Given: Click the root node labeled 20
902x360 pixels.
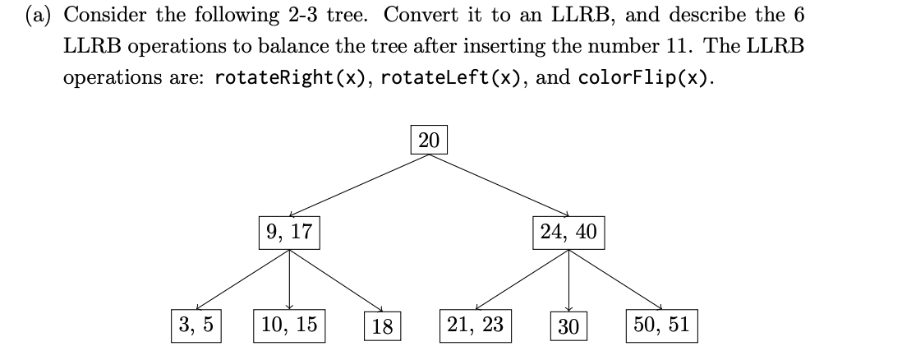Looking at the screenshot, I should tap(429, 141).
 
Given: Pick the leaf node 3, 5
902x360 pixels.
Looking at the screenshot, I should tap(196, 325).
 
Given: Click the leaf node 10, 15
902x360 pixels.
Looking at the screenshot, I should tap(289, 325).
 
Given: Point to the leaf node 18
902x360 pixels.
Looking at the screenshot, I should tap(381, 326).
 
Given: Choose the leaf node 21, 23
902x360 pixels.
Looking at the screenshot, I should tap(475, 325).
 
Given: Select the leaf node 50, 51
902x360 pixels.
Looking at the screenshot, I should tap(662, 325).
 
